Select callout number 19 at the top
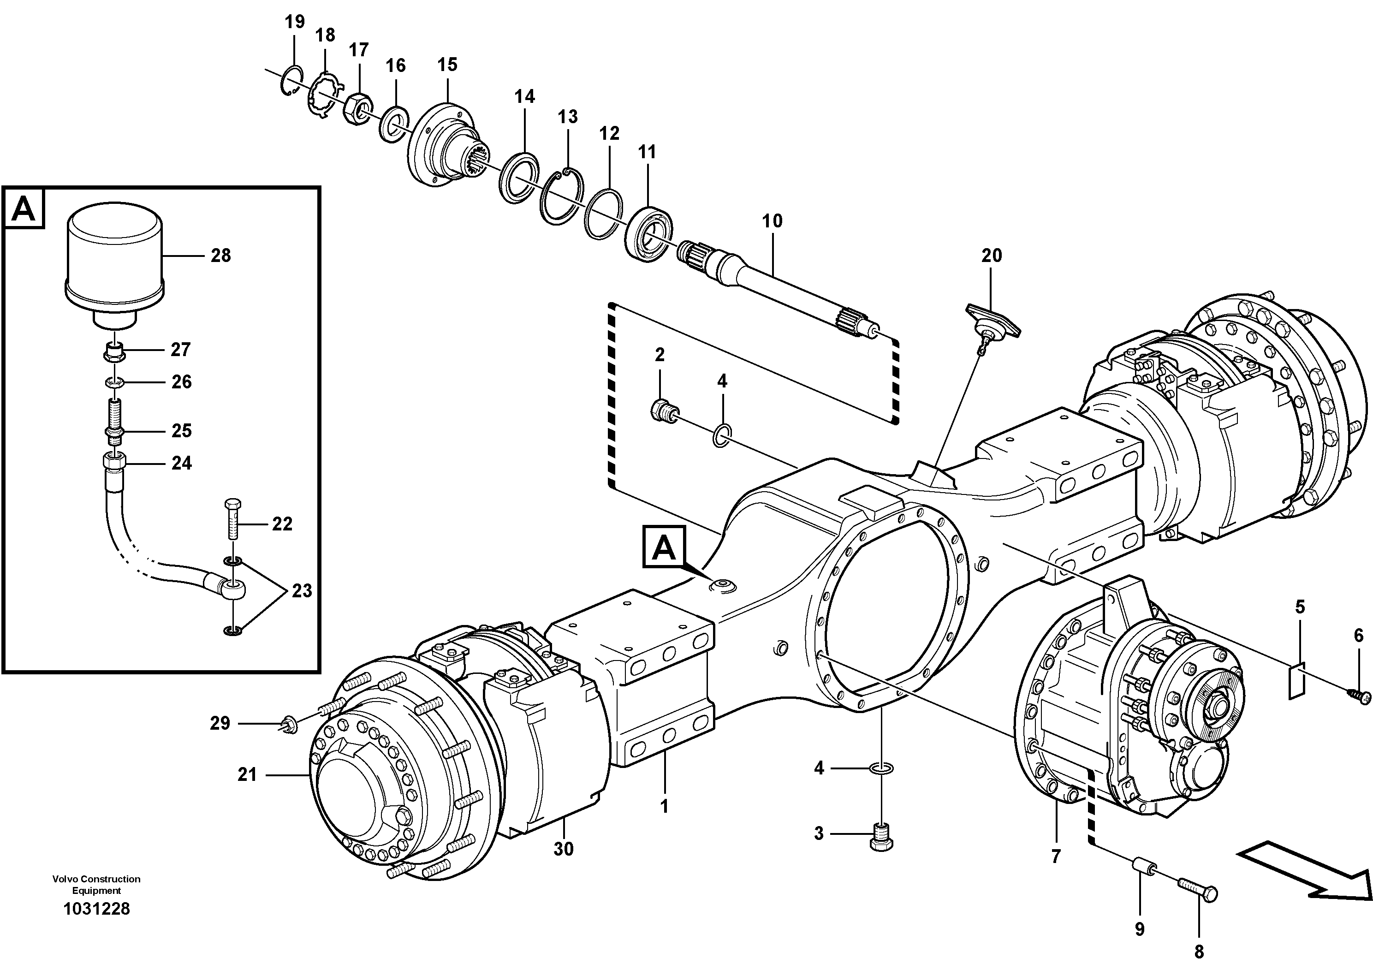click(x=295, y=22)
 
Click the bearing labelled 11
click(x=649, y=232)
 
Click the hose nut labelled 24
click(x=114, y=462)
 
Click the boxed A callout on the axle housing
click(x=663, y=547)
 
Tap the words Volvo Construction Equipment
click(x=96, y=885)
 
